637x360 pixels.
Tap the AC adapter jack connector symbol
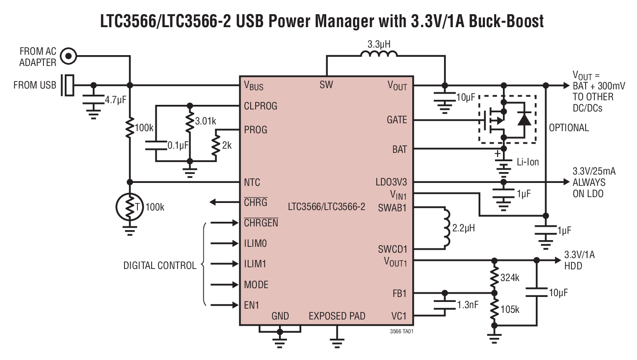[x=69, y=56]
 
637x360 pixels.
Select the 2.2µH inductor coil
[x=446, y=228]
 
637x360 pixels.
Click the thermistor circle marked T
[x=129, y=206]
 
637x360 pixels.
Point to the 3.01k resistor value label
[x=206, y=121]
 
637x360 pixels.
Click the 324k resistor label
[x=510, y=277]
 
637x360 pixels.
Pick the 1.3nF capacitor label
[x=467, y=305]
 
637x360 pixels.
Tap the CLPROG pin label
[x=260, y=106]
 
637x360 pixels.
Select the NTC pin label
[x=252, y=183]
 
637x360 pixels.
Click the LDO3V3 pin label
[x=391, y=182]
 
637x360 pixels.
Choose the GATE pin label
[x=396, y=120]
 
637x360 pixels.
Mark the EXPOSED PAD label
[x=337, y=316]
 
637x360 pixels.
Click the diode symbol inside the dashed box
[x=524, y=119]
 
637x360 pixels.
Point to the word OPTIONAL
[x=568, y=128]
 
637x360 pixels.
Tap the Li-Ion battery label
[x=528, y=162]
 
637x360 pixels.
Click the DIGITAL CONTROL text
[x=160, y=266]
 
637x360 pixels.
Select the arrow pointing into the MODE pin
[x=224, y=285]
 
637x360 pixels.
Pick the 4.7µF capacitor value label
[x=115, y=100]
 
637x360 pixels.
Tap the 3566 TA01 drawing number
[x=401, y=331]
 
